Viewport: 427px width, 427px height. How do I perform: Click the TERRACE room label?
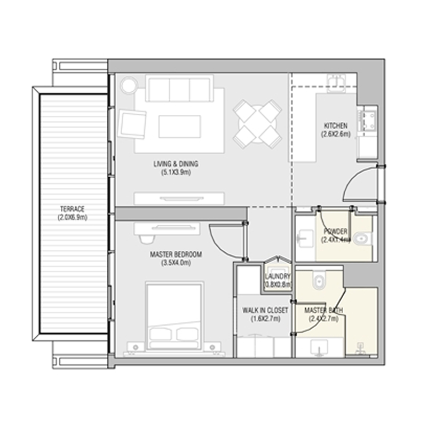(72, 209)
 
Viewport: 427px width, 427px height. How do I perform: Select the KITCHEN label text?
(336, 126)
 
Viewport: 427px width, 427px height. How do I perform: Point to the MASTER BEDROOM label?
(176, 255)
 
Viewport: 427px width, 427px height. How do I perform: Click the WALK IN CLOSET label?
(265, 311)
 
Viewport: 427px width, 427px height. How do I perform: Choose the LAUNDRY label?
(278, 276)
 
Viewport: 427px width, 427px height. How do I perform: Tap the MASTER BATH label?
(323, 311)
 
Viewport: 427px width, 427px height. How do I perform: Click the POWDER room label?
(336, 232)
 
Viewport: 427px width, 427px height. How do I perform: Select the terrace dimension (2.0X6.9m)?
(72, 217)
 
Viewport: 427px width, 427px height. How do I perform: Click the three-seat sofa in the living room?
(180, 89)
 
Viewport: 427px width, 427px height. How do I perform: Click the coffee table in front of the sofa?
(179, 126)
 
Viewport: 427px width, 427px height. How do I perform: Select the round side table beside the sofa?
(128, 85)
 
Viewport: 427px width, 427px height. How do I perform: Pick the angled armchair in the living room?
(132, 123)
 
